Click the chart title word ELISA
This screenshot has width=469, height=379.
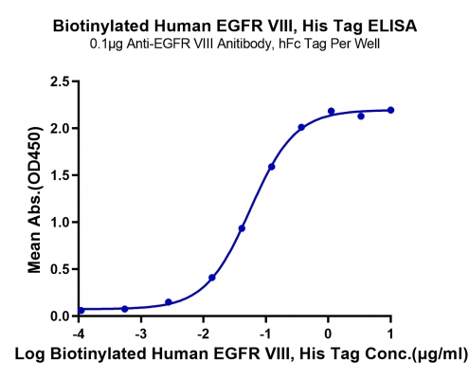[x=391, y=26]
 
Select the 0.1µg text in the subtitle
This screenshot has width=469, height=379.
[x=106, y=44]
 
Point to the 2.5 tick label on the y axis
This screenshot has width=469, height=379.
[x=60, y=81]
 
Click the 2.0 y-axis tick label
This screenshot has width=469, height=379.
[x=60, y=129]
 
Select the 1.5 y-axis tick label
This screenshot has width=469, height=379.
[x=60, y=175]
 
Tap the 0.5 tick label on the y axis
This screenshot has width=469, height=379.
[x=60, y=269]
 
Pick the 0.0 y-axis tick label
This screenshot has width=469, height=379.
[x=60, y=316]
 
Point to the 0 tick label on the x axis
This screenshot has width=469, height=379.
[x=329, y=334]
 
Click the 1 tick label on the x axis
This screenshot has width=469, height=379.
[x=391, y=334]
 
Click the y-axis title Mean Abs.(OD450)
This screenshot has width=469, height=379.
[x=35, y=201]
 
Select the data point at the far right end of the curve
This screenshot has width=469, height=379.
[x=390, y=110]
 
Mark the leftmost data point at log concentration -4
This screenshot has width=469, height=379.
[x=81, y=311]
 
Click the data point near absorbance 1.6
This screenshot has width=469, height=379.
[x=271, y=167]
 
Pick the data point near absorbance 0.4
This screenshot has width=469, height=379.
[x=212, y=278]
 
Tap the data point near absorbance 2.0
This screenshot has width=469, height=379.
[x=301, y=127]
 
